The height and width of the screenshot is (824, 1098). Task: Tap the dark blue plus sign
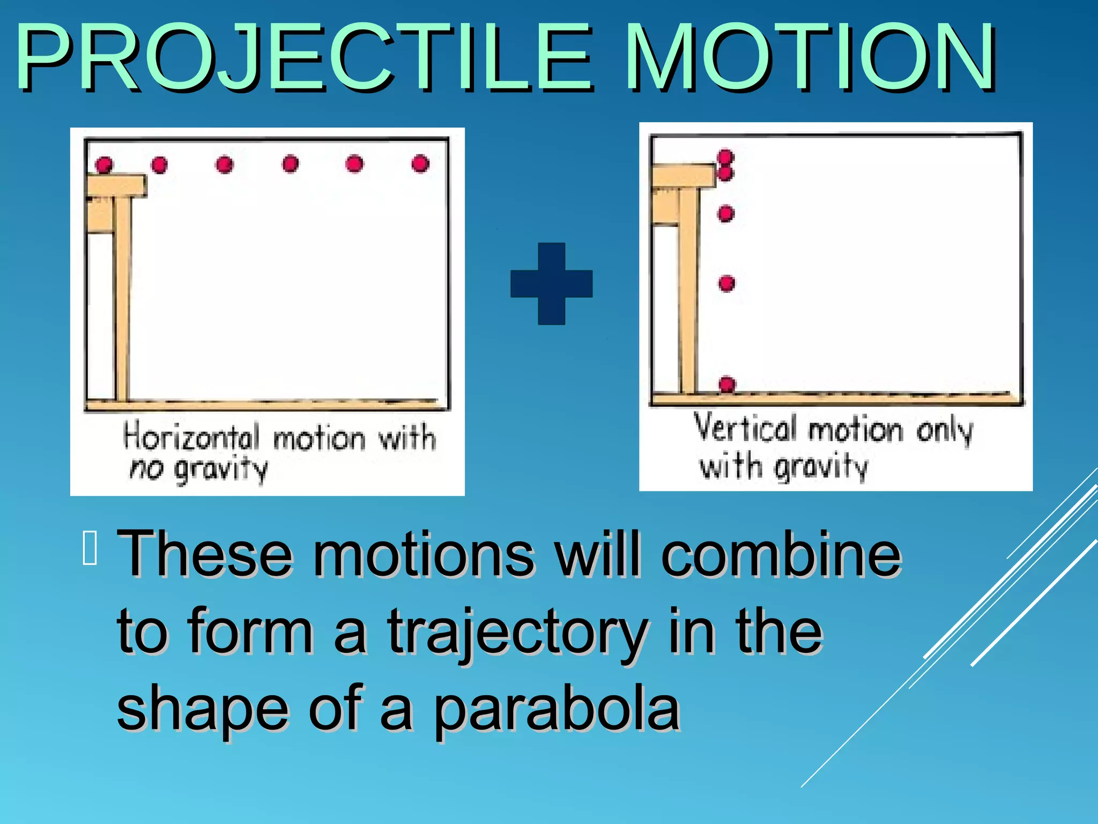[x=551, y=284]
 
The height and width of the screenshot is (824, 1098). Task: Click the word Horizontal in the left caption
[x=191, y=436]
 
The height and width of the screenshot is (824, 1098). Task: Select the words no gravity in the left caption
[x=198, y=469]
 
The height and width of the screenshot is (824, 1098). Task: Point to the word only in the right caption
[x=944, y=431]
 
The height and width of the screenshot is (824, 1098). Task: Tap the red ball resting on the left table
[x=104, y=164]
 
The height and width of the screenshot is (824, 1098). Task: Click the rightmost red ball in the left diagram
[x=420, y=163]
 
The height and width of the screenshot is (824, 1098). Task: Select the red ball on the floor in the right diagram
[x=727, y=384]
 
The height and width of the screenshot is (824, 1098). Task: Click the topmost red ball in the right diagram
[x=725, y=157]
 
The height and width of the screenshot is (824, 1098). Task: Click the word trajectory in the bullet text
[x=517, y=633]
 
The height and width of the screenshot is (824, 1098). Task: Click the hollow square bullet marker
[x=90, y=548]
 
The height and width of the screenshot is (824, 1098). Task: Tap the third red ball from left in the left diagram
[x=225, y=164]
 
